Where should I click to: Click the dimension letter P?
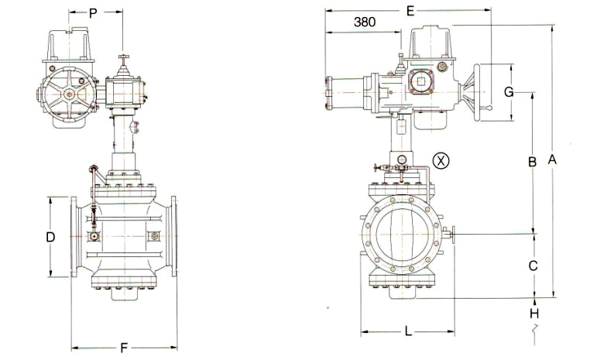tap(93, 12)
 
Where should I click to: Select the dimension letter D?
tap(50, 237)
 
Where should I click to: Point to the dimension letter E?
tap(410, 10)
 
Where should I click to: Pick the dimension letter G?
tap(509, 91)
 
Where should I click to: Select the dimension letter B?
tap(532, 162)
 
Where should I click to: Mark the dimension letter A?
tap(552, 159)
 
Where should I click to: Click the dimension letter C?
tap(533, 266)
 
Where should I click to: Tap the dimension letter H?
tap(533, 313)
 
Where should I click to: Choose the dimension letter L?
tap(408, 331)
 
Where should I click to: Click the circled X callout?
tap(440, 160)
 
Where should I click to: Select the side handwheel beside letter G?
tap(484, 91)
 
